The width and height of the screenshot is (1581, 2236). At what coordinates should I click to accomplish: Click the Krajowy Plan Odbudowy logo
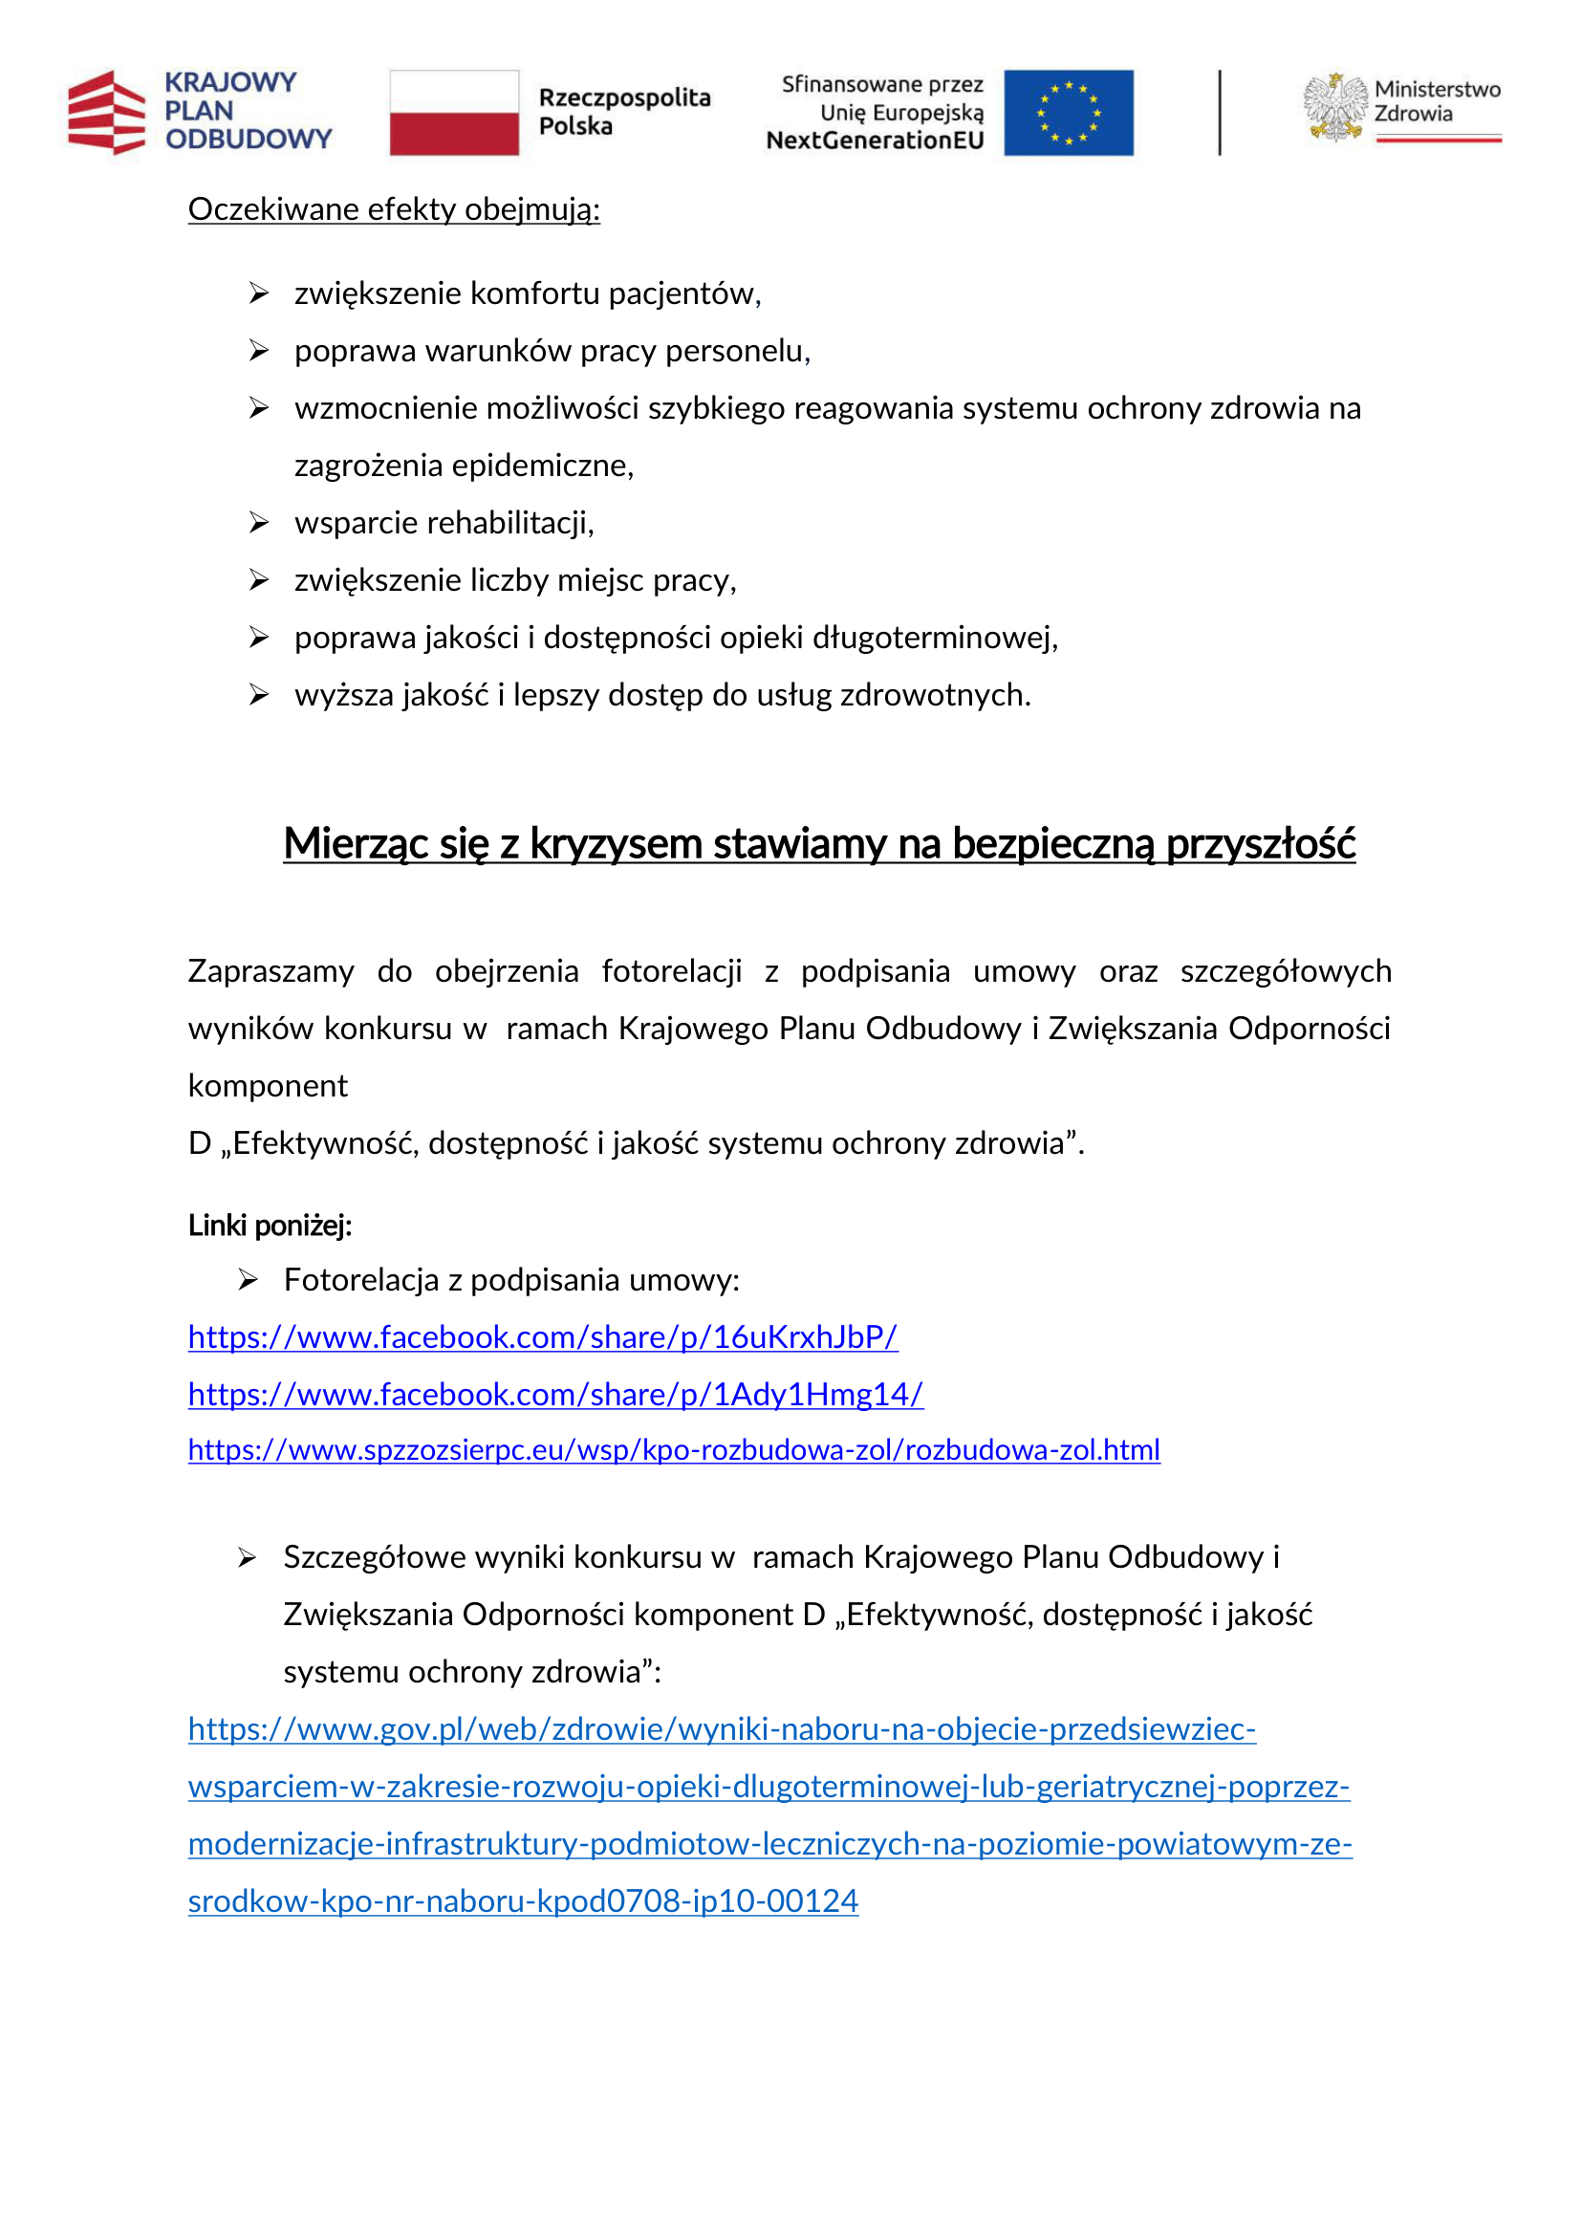(x=200, y=112)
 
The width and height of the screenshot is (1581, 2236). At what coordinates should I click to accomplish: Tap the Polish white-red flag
(x=454, y=113)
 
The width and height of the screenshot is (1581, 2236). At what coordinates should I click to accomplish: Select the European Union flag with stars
(x=1068, y=113)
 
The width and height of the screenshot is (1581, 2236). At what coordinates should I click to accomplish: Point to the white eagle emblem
(x=1334, y=108)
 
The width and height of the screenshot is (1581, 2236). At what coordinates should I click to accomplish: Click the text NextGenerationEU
(x=875, y=141)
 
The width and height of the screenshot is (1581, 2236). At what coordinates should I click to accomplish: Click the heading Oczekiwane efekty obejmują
(x=393, y=209)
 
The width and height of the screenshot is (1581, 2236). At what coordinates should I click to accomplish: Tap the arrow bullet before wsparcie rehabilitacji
(x=258, y=524)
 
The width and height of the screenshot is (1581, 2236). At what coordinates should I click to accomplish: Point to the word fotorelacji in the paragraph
(x=671, y=972)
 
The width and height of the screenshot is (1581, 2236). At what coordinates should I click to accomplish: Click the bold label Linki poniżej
(x=270, y=1226)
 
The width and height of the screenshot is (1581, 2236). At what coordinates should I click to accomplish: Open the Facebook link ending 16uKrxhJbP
(x=542, y=1337)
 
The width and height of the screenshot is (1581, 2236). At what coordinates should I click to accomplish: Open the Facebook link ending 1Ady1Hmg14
(x=555, y=1395)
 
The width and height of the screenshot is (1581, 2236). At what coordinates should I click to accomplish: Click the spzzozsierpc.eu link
(x=674, y=1450)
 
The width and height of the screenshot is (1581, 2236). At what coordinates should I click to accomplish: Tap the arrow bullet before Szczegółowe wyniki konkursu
(x=248, y=1559)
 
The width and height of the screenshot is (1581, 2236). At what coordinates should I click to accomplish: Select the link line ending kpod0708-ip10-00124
(x=523, y=1901)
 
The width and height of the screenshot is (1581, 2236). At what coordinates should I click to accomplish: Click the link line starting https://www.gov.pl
(x=722, y=1729)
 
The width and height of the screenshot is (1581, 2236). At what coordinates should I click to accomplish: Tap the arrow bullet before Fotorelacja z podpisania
(x=248, y=1281)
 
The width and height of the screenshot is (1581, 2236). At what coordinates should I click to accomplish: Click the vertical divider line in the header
(x=1219, y=113)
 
